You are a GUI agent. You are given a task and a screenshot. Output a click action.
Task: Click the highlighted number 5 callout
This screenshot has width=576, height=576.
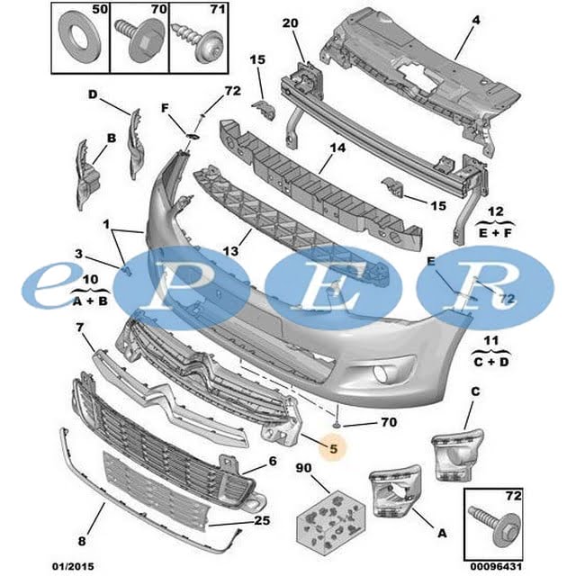point(333,448)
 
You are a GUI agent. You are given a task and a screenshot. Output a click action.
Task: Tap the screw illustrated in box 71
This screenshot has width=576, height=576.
point(199,43)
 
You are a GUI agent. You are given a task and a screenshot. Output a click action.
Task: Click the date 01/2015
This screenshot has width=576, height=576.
point(73,566)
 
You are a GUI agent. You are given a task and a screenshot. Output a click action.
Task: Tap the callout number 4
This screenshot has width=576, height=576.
point(476,20)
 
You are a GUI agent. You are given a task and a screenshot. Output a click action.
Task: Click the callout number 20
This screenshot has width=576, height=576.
point(290,23)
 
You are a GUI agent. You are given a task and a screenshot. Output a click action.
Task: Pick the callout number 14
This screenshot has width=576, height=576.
point(337,148)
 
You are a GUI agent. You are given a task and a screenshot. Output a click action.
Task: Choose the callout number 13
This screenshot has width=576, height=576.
point(230,251)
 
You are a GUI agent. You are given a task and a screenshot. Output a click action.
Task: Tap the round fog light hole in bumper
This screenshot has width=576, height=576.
point(382,373)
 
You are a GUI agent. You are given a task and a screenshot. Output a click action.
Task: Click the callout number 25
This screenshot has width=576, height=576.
point(262,520)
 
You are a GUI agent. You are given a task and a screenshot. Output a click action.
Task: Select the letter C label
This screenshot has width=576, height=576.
point(475,391)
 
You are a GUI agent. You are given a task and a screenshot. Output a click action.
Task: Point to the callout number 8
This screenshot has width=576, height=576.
point(82,541)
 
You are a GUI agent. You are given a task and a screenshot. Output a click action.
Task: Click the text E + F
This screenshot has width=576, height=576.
point(495,233)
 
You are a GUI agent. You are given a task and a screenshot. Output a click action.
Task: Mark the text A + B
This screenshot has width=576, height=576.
point(90,301)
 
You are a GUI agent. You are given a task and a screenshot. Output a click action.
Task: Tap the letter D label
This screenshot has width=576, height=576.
point(93,94)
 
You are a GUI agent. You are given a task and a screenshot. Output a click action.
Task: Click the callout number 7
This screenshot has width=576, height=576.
point(80,328)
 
